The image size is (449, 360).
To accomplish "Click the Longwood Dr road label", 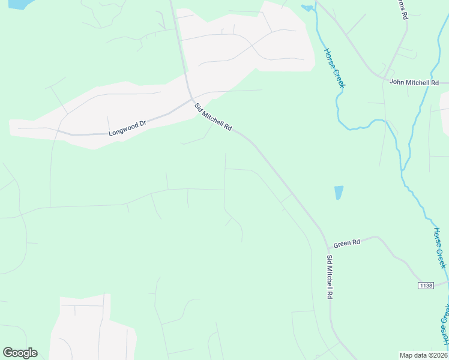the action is click(x=127, y=128).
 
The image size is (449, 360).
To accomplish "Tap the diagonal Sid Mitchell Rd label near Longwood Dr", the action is click(x=212, y=117).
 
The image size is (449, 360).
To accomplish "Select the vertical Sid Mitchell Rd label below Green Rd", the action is click(x=330, y=277).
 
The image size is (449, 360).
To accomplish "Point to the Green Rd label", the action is click(x=346, y=243).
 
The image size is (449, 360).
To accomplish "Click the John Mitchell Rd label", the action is click(x=414, y=82).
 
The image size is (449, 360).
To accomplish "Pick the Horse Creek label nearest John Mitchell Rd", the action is click(x=334, y=68).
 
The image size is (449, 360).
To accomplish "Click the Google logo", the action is click(x=20, y=353).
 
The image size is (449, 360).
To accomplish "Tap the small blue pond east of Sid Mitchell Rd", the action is click(x=339, y=193).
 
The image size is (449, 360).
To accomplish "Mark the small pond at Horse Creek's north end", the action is click(x=307, y=8).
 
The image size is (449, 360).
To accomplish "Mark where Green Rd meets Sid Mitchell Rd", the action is click(x=328, y=247).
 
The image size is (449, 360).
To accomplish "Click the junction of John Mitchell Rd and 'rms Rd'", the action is click(x=384, y=79).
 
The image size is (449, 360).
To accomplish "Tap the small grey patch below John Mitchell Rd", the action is click(x=445, y=101).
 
